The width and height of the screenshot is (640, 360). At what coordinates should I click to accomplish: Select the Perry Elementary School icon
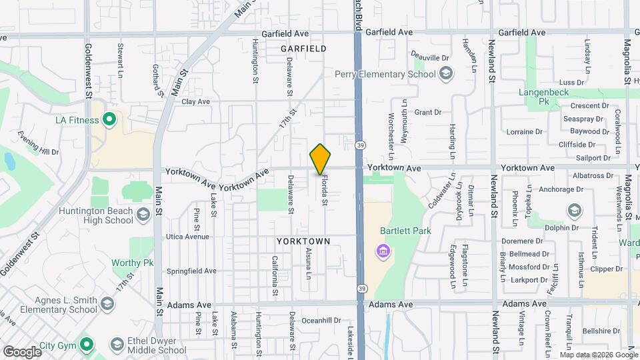tap(446, 73)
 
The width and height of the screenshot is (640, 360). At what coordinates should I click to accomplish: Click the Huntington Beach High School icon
tap(143, 215)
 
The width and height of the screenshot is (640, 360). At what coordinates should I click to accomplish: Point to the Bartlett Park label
tap(405, 231)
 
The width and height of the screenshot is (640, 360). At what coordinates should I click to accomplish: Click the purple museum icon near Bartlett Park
tap(383, 251)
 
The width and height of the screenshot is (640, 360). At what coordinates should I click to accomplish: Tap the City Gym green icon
tap(85, 345)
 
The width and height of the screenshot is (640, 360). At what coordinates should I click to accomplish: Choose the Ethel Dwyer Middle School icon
tap(117, 345)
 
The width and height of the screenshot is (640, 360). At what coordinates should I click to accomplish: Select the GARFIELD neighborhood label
tap(303, 49)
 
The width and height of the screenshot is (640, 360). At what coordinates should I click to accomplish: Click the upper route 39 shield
tap(360, 145)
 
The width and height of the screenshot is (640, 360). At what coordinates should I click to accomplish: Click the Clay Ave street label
tap(195, 102)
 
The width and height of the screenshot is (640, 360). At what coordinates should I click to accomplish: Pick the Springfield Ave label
tap(191, 271)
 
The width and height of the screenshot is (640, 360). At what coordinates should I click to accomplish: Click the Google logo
tap(21, 351)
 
